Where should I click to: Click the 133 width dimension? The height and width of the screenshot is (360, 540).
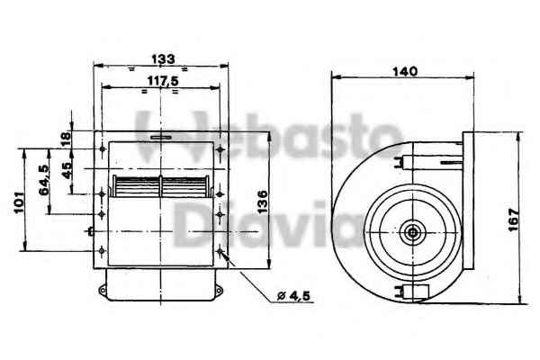pyautogui.click(x=163, y=58)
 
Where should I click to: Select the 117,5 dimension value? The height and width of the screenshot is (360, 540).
pyautogui.click(x=163, y=81)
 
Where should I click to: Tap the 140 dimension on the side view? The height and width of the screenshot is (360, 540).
pyautogui.click(x=405, y=72)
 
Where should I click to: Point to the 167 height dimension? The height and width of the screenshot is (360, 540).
pyautogui.click(x=514, y=220)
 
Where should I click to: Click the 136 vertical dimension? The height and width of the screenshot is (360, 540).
pyautogui.click(x=263, y=202)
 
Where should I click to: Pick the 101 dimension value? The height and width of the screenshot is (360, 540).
pyautogui.click(x=19, y=202)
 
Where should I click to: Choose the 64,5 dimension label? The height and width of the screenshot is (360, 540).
pyautogui.click(x=44, y=180)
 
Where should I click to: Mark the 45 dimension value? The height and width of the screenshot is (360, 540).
pyautogui.click(x=67, y=170)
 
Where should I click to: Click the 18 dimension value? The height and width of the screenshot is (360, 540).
pyautogui.click(x=66, y=139)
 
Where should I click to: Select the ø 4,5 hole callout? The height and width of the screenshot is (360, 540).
pyautogui.click(x=293, y=295)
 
